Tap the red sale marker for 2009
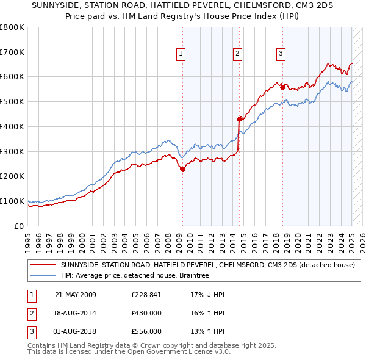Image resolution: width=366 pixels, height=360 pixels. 182,170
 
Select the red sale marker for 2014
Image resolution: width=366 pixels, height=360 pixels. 239,119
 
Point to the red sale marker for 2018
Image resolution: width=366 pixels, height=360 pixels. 282,87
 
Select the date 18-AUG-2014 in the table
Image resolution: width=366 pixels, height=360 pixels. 76,313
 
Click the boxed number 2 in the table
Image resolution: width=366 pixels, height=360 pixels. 31,314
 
